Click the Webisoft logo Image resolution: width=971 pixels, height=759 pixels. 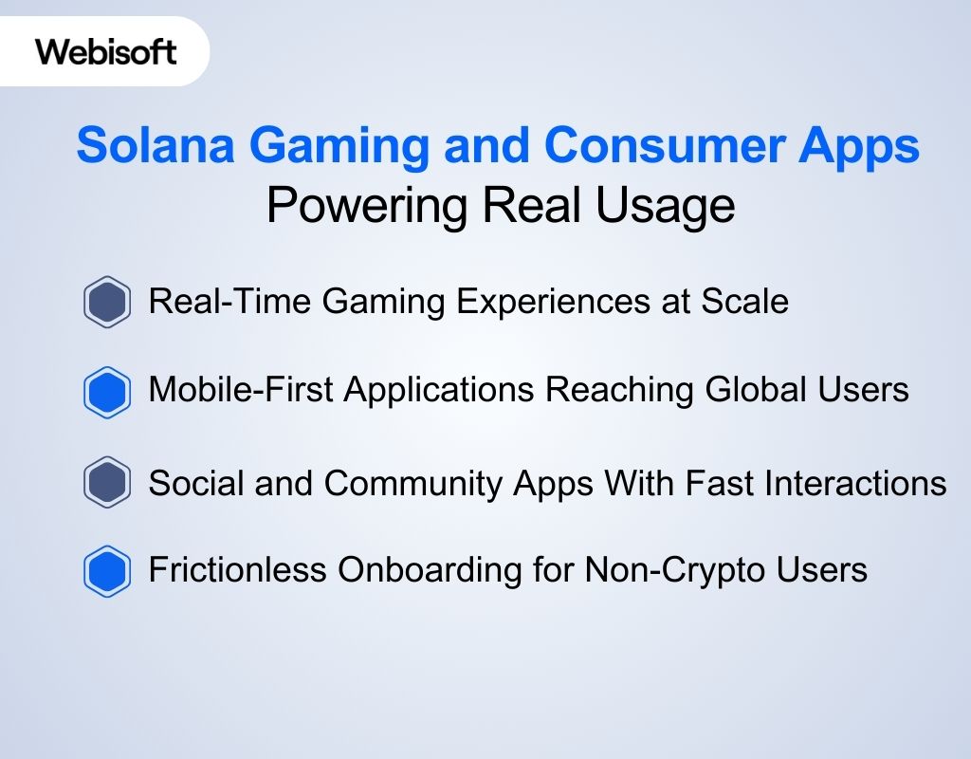click(x=106, y=51)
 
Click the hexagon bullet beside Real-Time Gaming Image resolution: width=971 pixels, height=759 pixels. click(x=106, y=303)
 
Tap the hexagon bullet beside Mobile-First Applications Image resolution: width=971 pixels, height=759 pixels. click(x=106, y=391)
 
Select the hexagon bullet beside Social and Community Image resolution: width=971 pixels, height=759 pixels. click(x=106, y=483)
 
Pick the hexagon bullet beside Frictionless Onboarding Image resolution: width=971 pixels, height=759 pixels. click(x=106, y=571)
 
